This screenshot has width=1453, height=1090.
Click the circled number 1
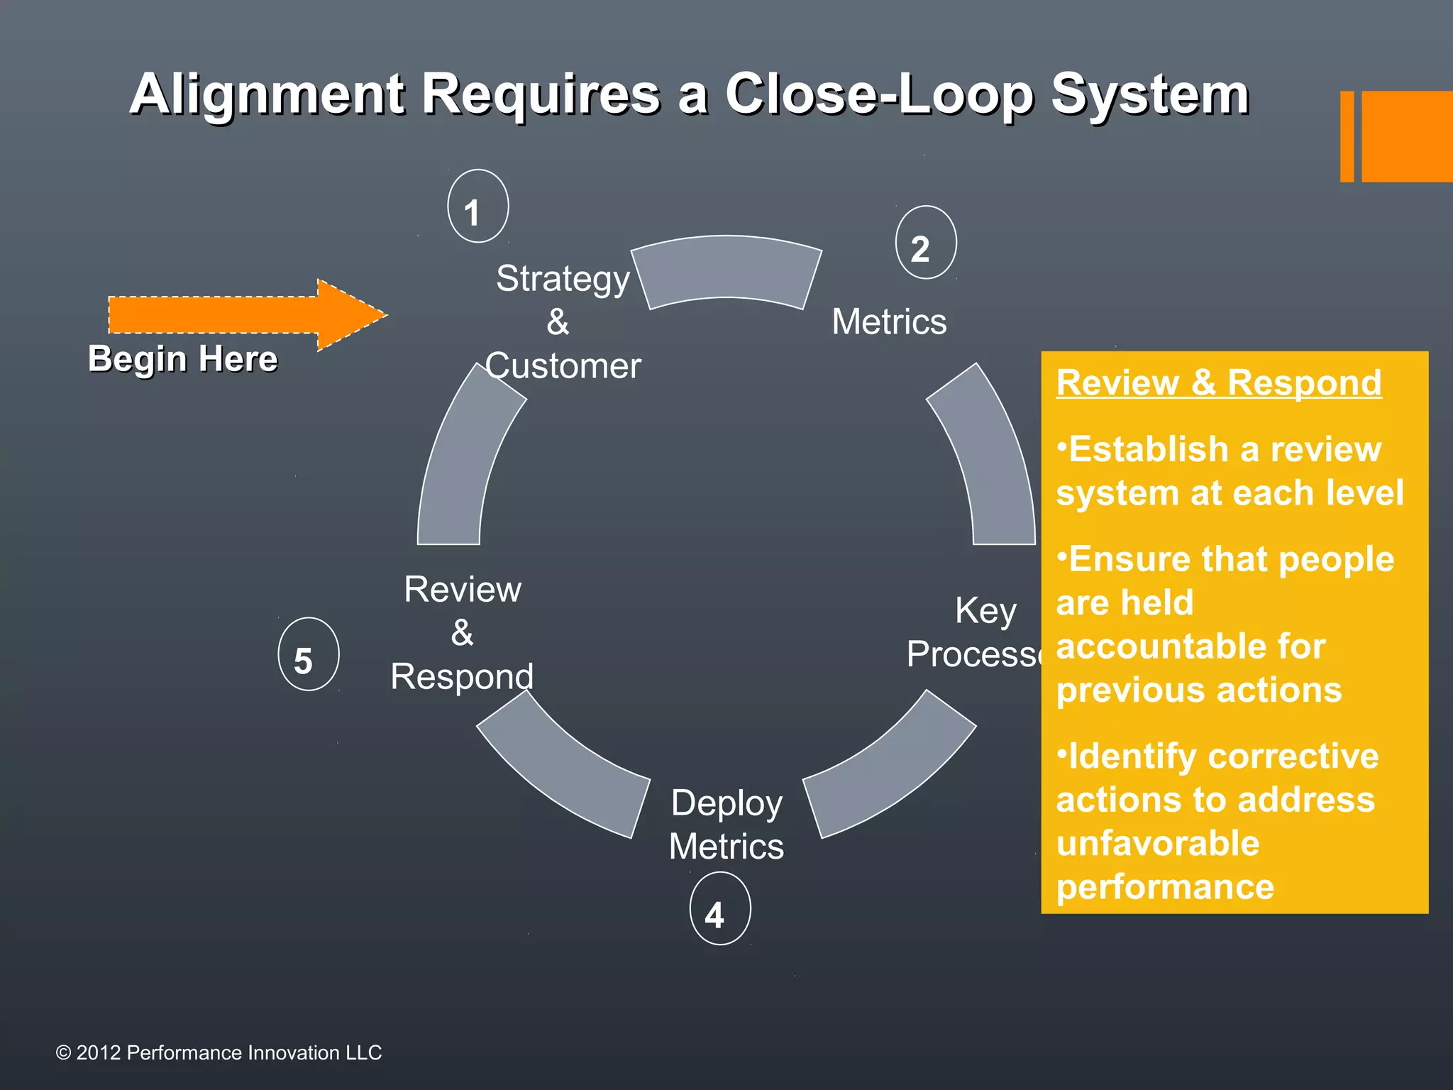pyautogui.click(x=477, y=207)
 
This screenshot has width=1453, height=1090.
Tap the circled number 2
pyautogui.click(x=926, y=243)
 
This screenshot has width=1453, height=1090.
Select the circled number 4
pyautogui.click(x=719, y=909)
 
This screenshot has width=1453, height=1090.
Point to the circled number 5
pyautogui.click(x=308, y=654)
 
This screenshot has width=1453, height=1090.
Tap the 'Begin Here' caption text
pyautogui.click(x=182, y=358)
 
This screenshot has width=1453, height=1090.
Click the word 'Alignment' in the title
pyautogui.click(x=267, y=94)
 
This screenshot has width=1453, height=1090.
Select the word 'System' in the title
pyautogui.click(x=1149, y=94)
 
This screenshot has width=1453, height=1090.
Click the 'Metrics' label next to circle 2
pyautogui.click(x=889, y=321)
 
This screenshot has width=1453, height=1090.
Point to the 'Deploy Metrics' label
pyautogui.click(x=726, y=825)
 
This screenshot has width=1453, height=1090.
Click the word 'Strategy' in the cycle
pyautogui.click(x=563, y=278)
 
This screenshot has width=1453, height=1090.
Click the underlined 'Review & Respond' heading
pyautogui.click(x=1218, y=383)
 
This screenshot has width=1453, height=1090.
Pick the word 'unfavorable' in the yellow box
pyautogui.click(x=1157, y=843)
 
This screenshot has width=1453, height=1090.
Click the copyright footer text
pyautogui.click(x=219, y=1052)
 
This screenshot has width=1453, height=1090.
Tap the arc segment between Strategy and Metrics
pyautogui.click(x=726, y=270)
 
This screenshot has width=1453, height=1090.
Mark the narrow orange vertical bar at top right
pyautogui.click(x=1347, y=136)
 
